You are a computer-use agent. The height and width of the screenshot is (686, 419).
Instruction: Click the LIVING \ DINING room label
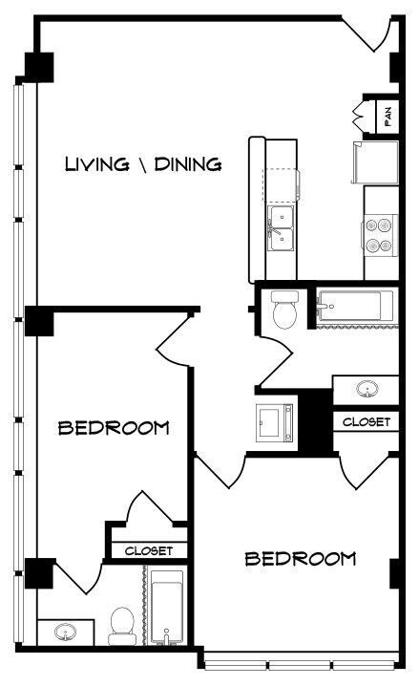coord(143,164)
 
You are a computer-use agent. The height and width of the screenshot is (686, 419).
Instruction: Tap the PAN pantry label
coord(388,116)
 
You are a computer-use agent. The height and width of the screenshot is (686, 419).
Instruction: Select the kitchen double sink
coord(281,228)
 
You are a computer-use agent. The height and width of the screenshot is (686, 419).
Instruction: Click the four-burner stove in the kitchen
coord(380,234)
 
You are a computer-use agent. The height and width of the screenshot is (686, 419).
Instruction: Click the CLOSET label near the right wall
coord(366,421)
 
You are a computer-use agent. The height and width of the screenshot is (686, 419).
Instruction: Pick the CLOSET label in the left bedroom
coord(148,551)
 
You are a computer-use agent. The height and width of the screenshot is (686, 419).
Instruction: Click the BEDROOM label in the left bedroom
coord(115,427)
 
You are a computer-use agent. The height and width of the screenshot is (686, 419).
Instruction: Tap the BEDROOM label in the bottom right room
coord(301,558)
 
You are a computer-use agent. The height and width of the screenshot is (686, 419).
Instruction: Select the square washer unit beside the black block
coord(276,421)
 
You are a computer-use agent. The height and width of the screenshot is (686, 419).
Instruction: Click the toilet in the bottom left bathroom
coord(121,623)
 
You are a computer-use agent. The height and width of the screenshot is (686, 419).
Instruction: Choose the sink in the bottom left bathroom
coord(67,632)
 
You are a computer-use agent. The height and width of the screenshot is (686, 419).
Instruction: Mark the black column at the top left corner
coord(39,66)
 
